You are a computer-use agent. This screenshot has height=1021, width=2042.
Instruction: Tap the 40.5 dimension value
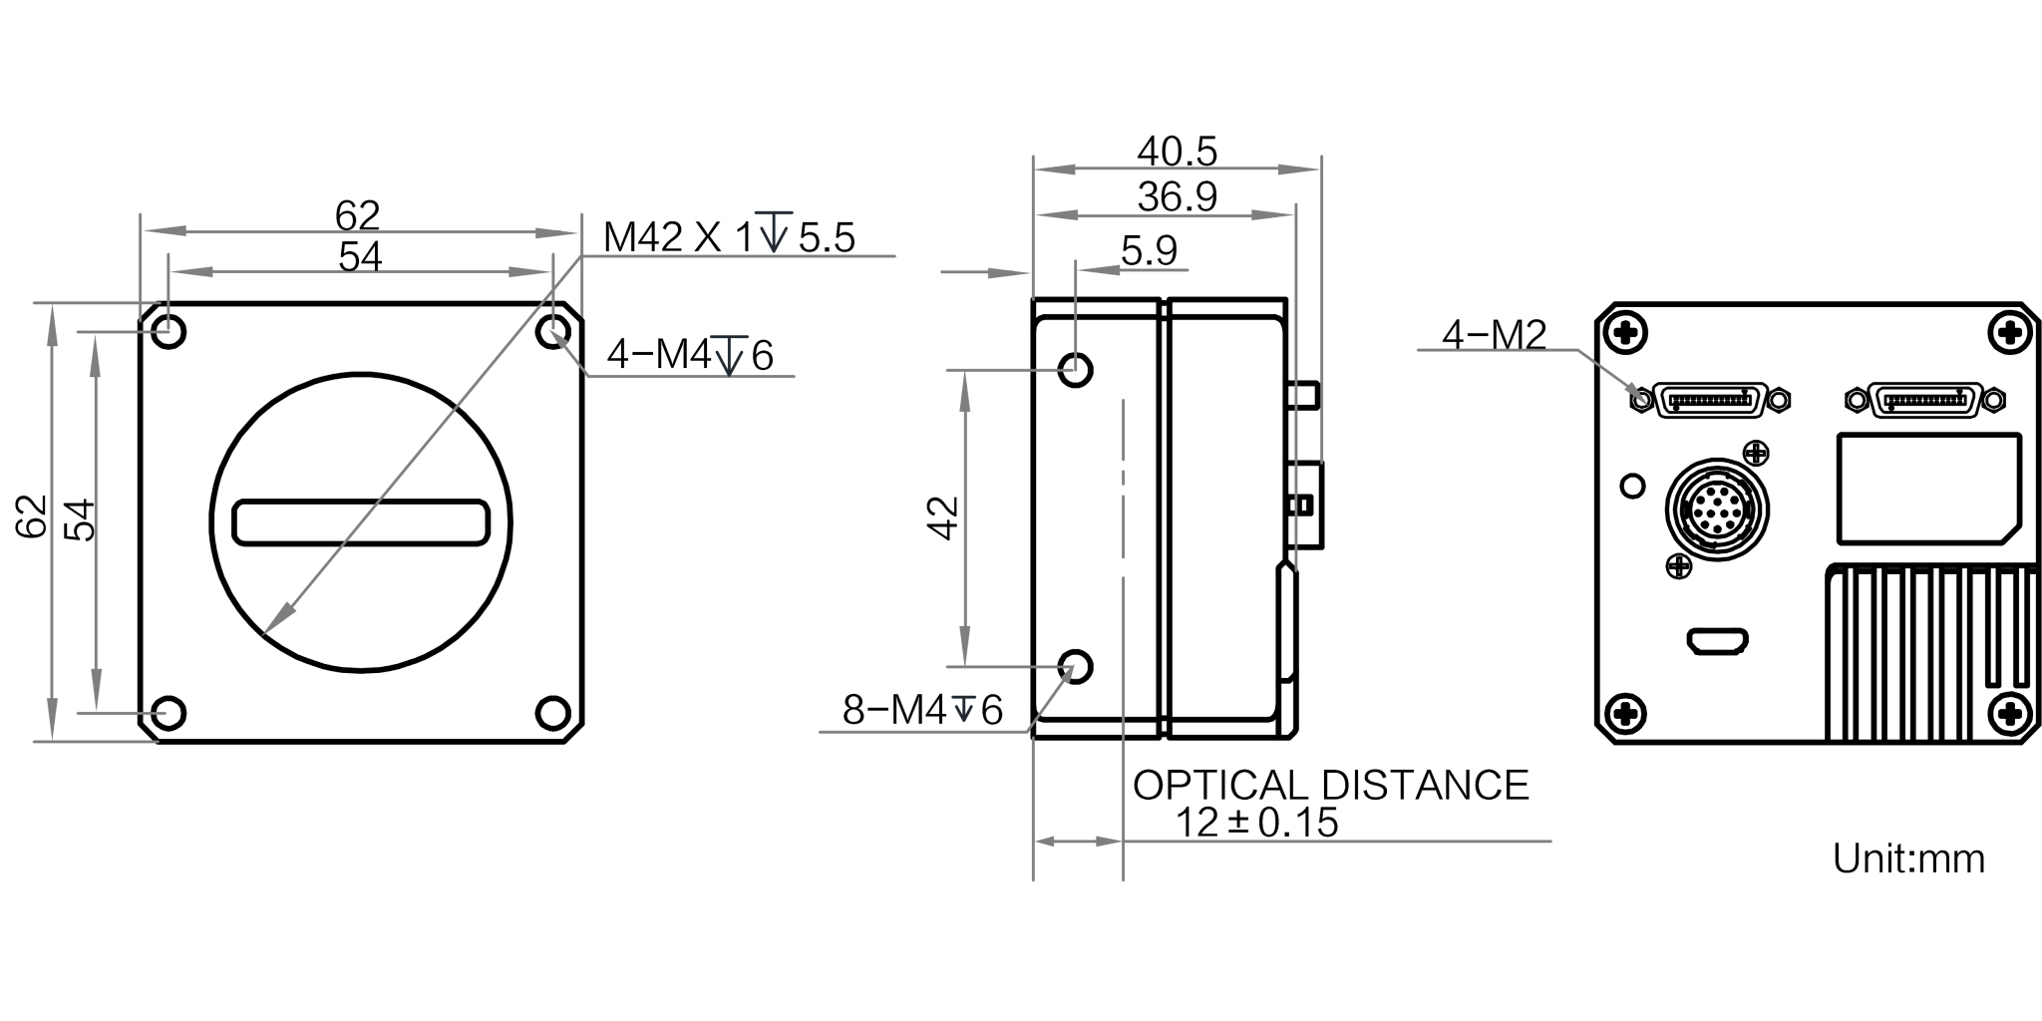(x=1177, y=153)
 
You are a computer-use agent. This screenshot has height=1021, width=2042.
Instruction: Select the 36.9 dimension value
(x=1177, y=197)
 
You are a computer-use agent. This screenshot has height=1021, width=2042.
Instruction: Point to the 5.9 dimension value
(x=1149, y=250)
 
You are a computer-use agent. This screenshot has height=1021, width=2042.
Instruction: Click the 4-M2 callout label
(x=1494, y=336)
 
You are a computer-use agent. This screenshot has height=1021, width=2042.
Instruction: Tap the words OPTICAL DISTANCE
(x=1330, y=785)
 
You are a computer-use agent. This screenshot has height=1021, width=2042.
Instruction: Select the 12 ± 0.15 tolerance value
(x=1258, y=824)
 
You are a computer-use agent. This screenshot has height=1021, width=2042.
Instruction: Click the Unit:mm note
(x=1908, y=859)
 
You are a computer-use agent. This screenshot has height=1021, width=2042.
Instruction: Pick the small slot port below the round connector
(x=1716, y=641)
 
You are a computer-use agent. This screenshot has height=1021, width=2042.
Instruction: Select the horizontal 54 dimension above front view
(x=360, y=257)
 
